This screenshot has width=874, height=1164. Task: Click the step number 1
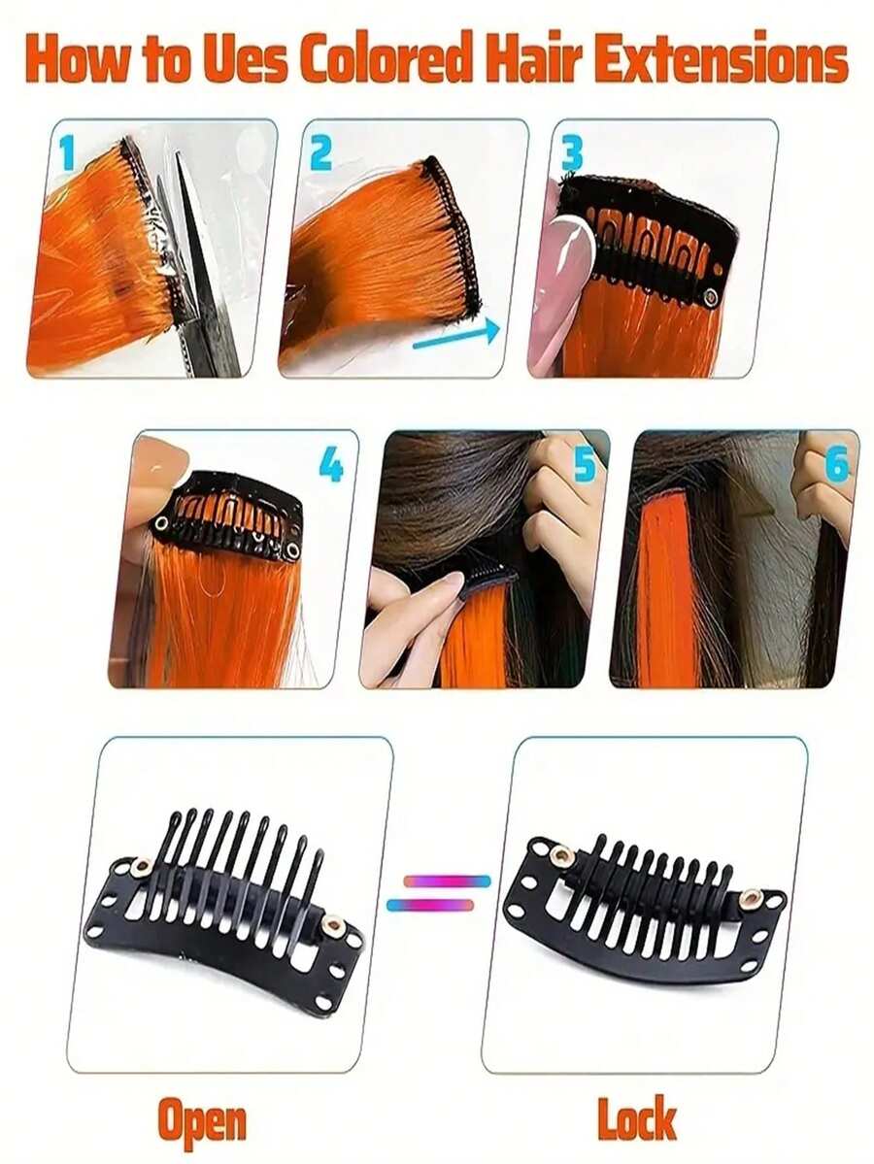(66, 153)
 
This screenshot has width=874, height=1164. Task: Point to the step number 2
(320, 153)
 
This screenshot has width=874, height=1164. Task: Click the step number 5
(584, 465)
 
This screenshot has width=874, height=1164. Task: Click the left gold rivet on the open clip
(143, 865)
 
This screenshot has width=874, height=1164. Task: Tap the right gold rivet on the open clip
(333, 925)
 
